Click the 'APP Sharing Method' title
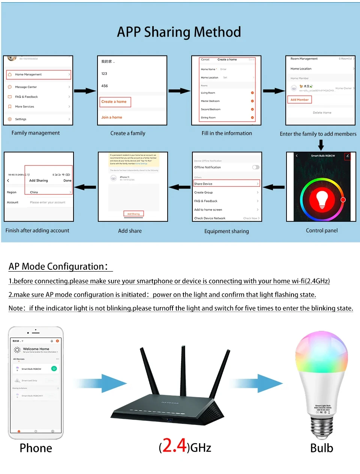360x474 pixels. [x=179, y=32]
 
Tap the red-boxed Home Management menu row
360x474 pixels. [x=38, y=75]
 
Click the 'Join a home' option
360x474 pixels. [x=111, y=117]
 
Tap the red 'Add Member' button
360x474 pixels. [x=300, y=100]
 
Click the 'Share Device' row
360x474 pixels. [x=226, y=184]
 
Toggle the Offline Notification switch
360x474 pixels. [x=256, y=167]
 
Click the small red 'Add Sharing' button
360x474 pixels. [x=133, y=214]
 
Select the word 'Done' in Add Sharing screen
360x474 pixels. [x=67, y=181]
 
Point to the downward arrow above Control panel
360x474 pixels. [x=321, y=145]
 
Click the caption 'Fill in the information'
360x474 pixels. [x=226, y=133]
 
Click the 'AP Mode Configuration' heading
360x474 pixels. [x=58, y=266]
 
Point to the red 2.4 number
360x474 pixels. [x=174, y=446]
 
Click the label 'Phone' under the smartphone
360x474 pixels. [x=36, y=448]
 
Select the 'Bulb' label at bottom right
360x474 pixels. [x=321, y=448]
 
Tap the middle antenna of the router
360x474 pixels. [x=183, y=371]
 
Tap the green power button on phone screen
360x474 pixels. [x=54, y=369]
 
